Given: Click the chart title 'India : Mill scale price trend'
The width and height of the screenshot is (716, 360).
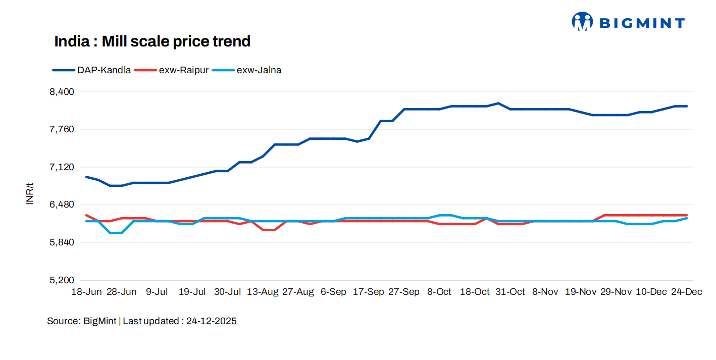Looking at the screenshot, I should (152, 41).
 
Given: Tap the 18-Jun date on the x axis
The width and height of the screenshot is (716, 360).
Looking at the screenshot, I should (86, 292).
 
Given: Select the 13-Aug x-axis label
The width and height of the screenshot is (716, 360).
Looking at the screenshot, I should (263, 292).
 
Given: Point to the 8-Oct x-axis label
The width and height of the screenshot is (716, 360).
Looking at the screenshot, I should (439, 292).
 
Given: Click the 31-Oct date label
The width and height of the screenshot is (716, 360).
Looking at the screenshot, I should (510, 292).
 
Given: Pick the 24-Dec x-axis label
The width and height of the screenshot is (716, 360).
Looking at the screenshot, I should (686, 292).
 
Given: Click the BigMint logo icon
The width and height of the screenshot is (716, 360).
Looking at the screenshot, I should (582, 22).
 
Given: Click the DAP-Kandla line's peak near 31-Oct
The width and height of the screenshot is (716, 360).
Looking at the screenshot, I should (498, 103).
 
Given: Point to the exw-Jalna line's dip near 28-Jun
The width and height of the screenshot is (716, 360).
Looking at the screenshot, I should (116, 233).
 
